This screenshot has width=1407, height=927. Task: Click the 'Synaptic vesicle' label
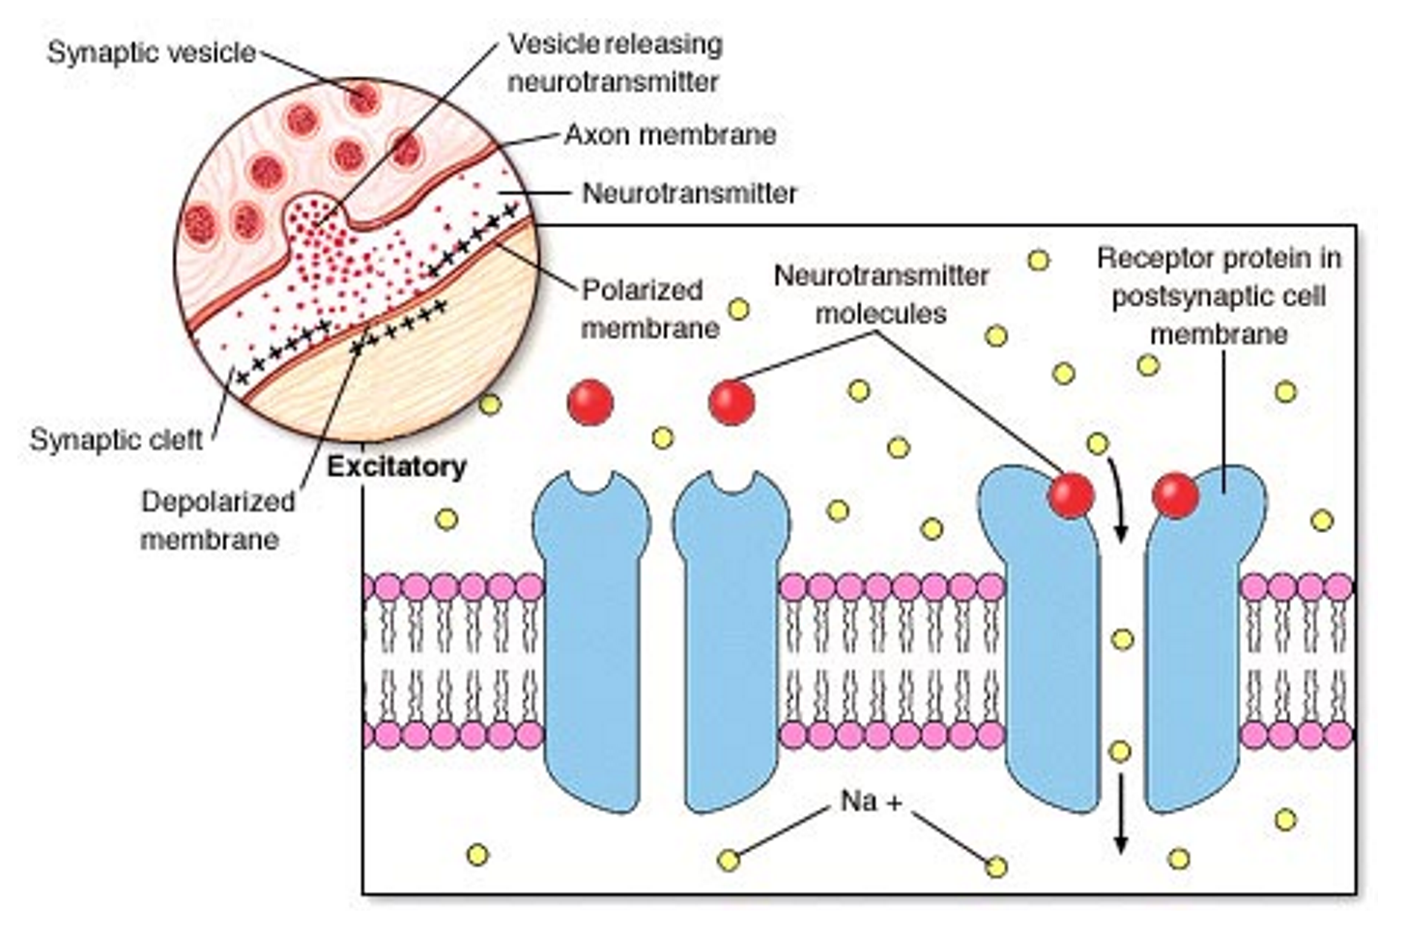point(151,52)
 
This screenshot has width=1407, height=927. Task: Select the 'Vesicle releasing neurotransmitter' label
point(615,63)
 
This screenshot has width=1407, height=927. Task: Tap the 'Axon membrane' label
point(670,134)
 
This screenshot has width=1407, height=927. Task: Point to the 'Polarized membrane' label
point(649,309)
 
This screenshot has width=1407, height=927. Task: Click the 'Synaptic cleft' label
point(116,440)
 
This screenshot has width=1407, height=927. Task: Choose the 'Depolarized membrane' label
point(216,520)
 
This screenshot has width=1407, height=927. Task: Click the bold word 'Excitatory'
point(396,467)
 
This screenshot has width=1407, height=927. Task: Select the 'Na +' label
point(871,801)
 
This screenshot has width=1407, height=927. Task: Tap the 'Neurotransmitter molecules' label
point(880,295)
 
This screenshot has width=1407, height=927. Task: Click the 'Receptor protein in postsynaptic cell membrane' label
point(1219,295)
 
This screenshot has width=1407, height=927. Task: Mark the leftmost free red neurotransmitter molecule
point(589,402)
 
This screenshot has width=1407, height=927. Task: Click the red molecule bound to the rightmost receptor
point(1175,495)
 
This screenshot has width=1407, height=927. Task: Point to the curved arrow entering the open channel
point(1117,497)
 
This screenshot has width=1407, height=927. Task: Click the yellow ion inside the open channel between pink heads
point(1122,639)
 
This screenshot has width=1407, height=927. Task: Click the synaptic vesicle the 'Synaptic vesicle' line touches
point(363,98)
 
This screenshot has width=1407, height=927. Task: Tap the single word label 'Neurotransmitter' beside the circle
point(689,194)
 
